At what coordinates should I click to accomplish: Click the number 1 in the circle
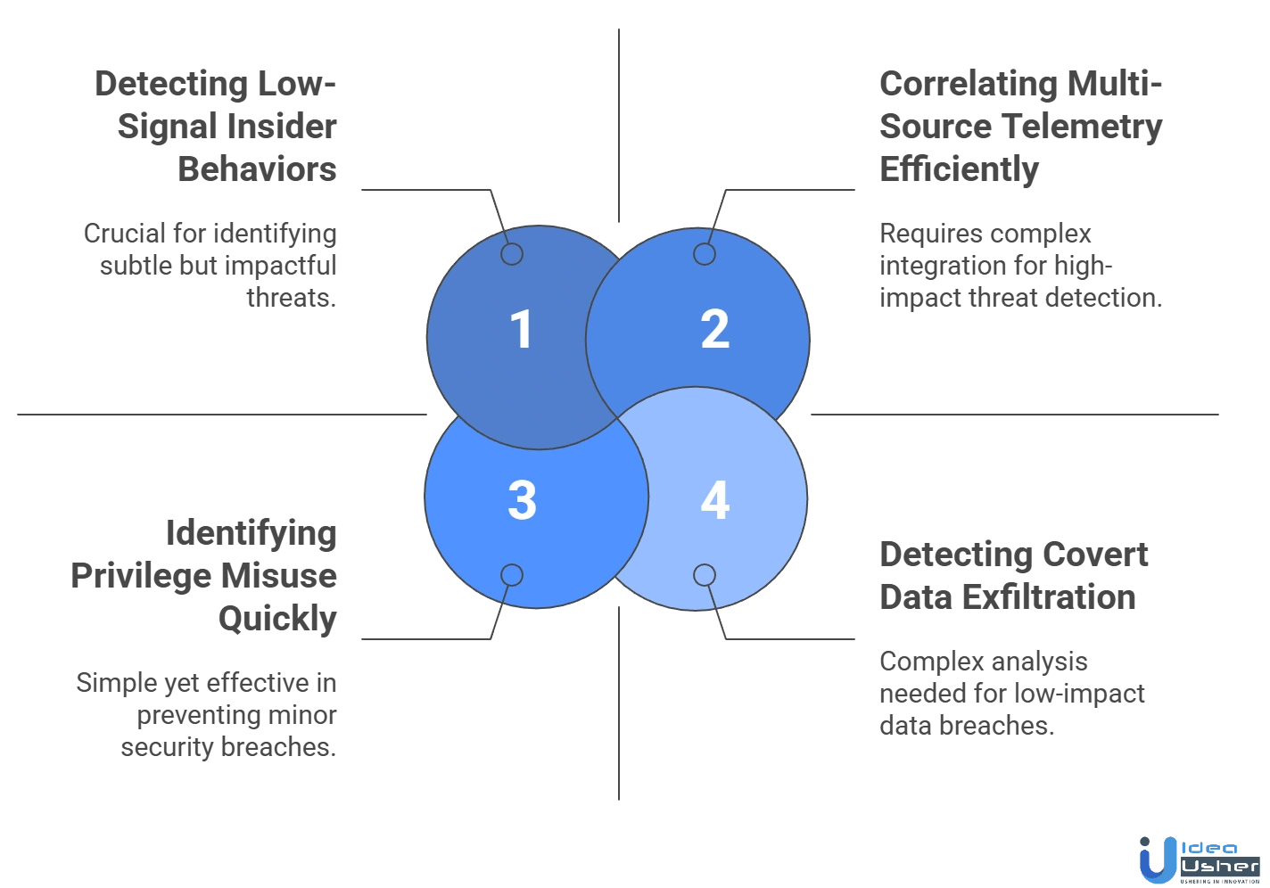(521, 329)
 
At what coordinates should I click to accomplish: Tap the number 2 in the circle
(714, 329)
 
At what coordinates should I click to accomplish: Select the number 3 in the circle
(522, 500)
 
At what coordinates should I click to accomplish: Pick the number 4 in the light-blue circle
(714, 500)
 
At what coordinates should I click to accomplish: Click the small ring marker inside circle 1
(511, 255)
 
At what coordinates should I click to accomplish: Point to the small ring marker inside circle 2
(705, 255)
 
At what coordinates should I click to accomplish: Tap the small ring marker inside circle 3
(511, 575)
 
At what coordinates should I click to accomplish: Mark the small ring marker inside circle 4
(705, 575)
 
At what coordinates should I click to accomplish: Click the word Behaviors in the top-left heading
(259, 169)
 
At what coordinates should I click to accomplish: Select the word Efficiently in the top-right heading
(959, 169)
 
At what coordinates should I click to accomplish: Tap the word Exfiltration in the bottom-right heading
(1052, 597)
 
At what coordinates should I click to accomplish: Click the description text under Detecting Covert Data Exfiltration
(1011, 694)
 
